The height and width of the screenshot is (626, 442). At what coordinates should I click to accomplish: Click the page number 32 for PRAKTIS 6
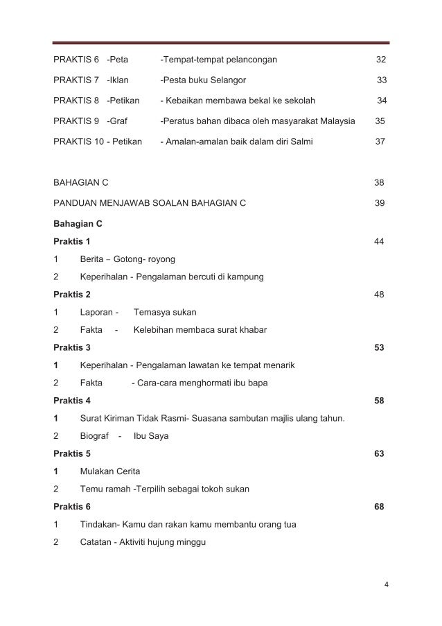380,60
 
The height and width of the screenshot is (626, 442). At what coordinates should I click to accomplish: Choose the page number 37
380,142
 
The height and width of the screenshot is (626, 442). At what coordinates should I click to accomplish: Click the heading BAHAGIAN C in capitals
80,183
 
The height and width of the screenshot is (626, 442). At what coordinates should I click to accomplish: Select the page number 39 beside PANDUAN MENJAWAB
379,203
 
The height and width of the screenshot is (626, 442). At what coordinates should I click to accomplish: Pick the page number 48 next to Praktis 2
379,294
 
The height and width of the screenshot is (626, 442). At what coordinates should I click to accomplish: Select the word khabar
250,330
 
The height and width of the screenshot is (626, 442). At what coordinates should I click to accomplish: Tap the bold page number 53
380,347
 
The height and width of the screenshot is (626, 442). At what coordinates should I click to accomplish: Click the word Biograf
96,436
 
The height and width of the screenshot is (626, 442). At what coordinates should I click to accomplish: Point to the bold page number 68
380,507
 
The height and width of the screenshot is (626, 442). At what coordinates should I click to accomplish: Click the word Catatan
97,542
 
